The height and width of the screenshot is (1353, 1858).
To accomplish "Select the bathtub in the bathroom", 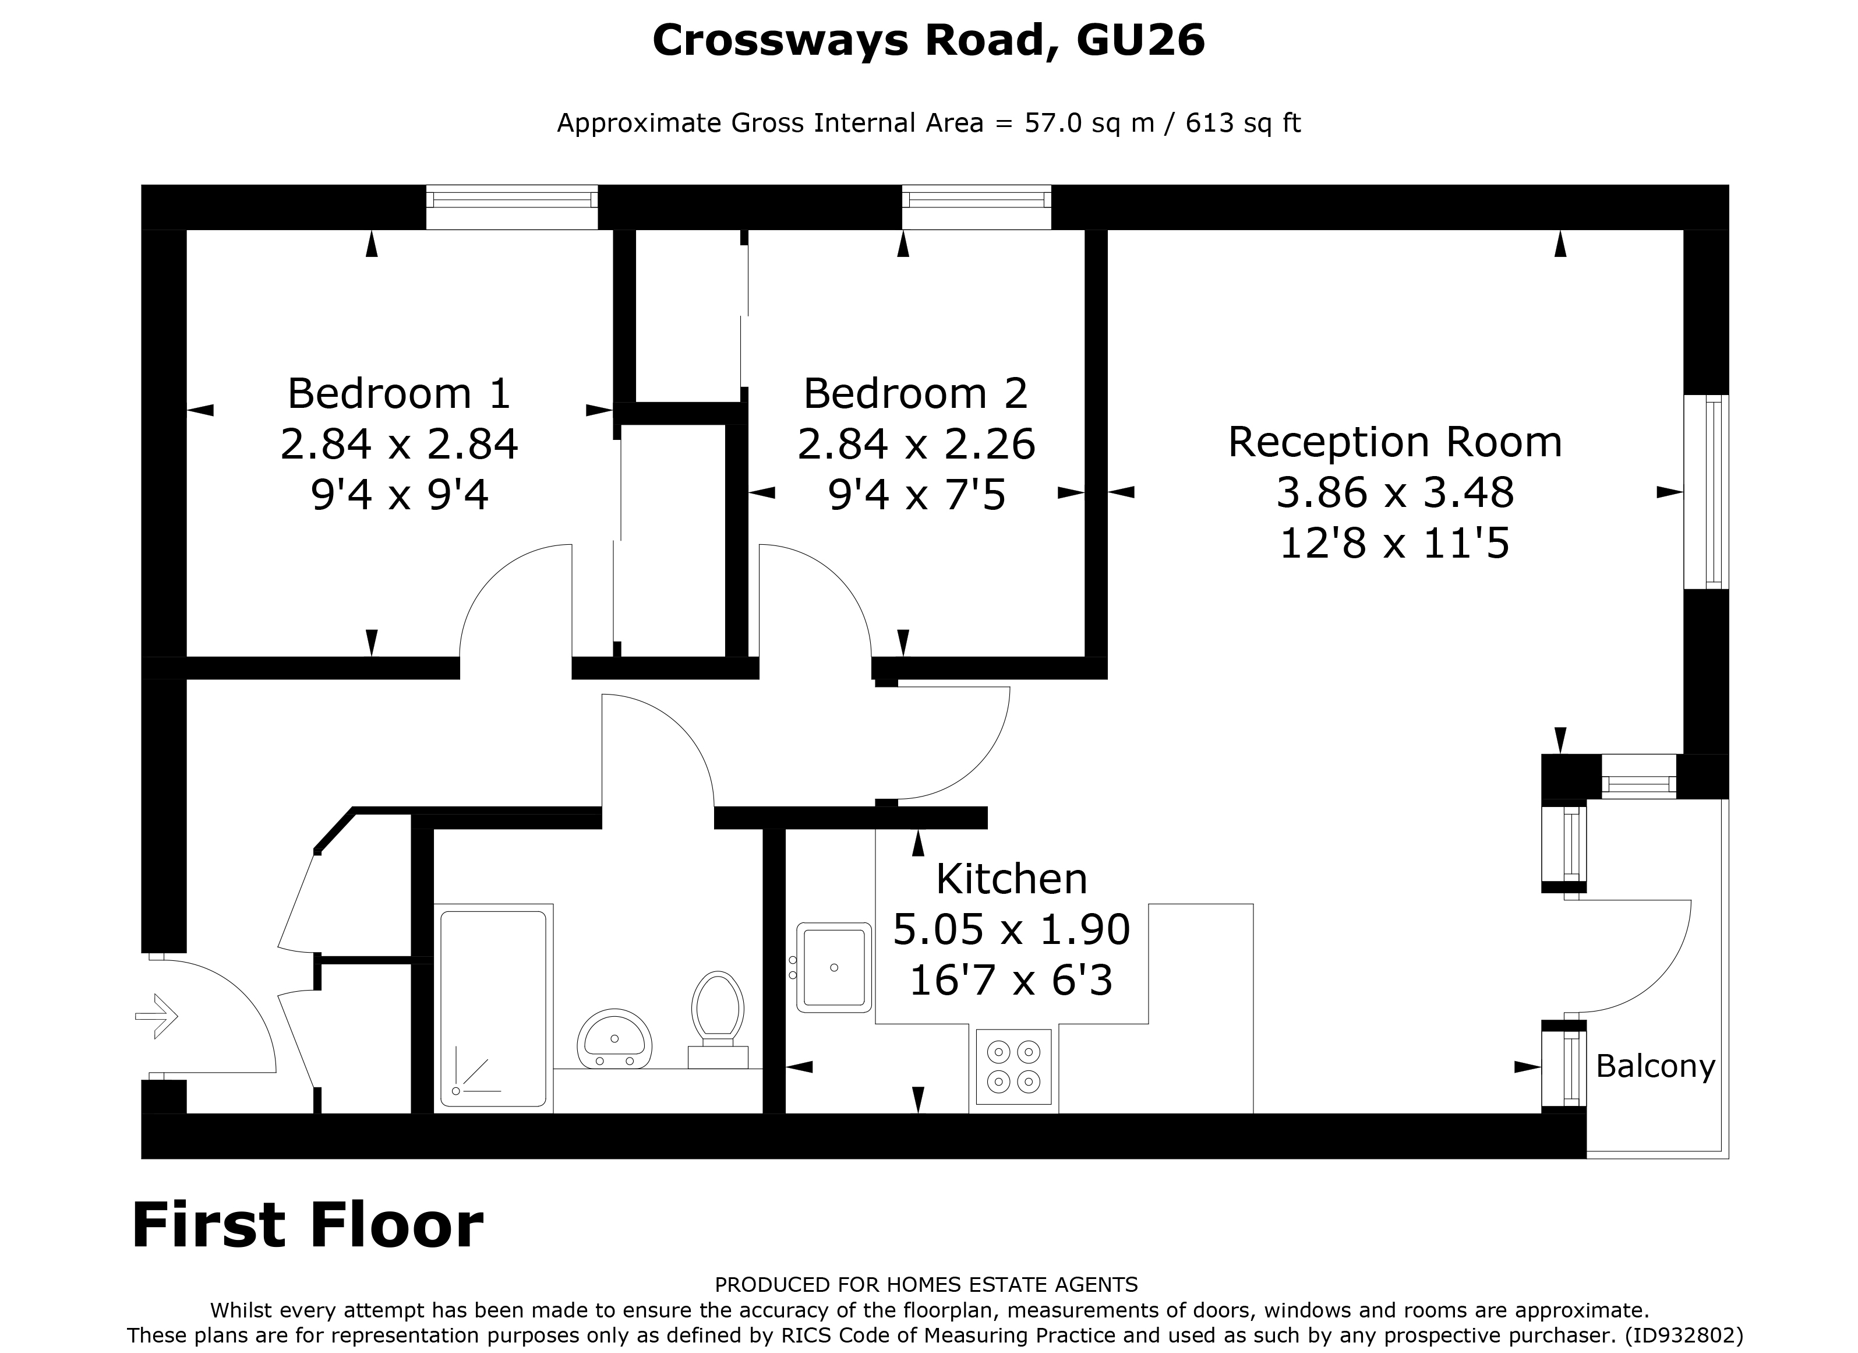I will pos(493,1008).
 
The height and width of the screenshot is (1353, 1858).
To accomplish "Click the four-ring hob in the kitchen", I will pos(1013,1066).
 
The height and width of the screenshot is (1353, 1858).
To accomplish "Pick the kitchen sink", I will pos(834,967).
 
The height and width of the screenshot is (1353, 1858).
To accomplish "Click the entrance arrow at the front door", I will pos(157,1016).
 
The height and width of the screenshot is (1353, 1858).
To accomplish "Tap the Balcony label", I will pos(1655,1066).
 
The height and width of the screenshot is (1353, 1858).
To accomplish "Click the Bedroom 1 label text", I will pos(399,393).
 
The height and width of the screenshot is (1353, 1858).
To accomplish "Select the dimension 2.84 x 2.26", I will pos(916,444).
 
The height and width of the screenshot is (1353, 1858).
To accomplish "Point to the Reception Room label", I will pos(1394,442).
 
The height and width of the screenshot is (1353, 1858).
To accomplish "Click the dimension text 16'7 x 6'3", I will pos(1011,980).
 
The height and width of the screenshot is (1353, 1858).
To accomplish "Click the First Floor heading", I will pos(307,1225).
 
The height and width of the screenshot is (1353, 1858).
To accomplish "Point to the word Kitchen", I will pos(1011,879).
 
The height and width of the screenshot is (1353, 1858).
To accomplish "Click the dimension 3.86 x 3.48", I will pos(1394,492).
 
